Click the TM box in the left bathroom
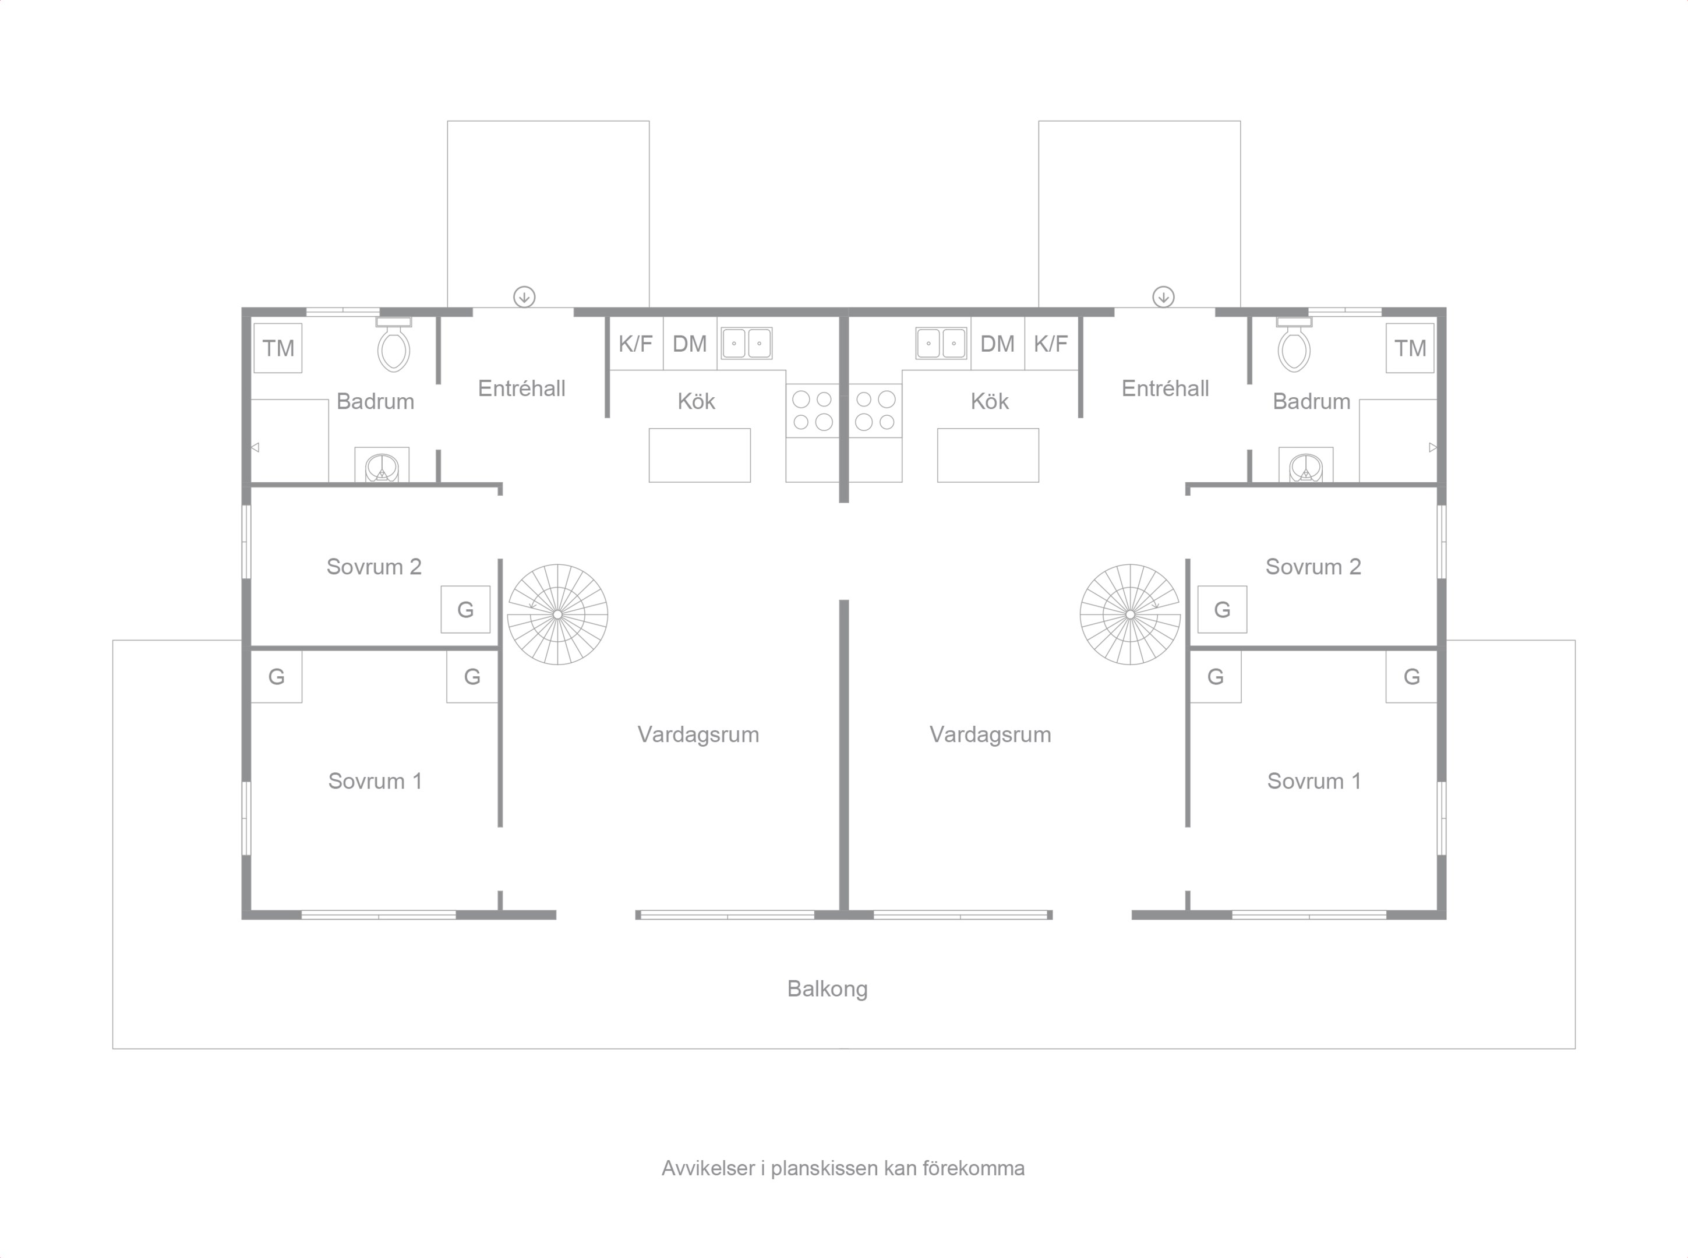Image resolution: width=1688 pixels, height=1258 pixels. (278, 348)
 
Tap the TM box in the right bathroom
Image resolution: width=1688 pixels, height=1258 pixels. (1410, 348)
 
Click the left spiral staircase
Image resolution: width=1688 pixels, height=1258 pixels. (558, 614)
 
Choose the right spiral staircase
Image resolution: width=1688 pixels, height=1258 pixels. (1130, 614)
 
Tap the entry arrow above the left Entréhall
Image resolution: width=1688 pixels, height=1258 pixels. (524, 297)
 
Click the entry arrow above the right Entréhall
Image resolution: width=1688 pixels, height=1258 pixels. (1163, 297)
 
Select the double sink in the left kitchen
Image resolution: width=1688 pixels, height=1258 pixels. (746, 344)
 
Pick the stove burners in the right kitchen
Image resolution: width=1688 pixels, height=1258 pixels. (875, 411)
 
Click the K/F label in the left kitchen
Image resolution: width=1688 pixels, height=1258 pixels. (635, 344)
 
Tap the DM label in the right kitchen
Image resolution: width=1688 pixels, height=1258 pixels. (997, 344)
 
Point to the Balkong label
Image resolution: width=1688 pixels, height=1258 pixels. (828, 989)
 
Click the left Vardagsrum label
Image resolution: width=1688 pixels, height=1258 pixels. (698, 735)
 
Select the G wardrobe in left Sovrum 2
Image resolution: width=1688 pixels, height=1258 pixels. (465, 609)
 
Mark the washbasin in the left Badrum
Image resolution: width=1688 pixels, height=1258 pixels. (382, 465)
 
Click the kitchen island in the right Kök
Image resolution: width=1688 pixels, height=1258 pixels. (987, 455)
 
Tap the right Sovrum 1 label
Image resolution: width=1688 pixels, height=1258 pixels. (1314, 782)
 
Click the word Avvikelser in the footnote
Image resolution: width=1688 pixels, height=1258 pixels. (708, 1168)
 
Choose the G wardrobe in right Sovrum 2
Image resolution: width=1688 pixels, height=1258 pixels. (1222, 609)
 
